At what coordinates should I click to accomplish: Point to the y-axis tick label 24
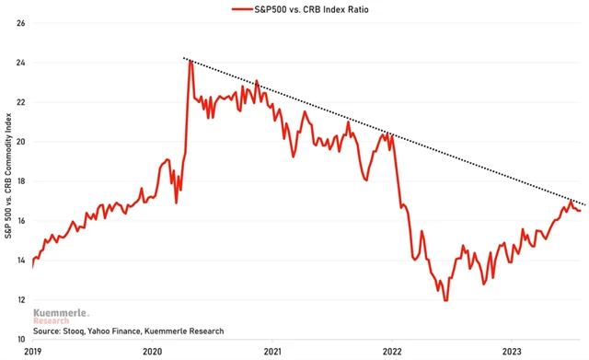click(19, 63)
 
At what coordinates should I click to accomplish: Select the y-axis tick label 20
click(19, 142)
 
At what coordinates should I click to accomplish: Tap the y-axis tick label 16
click(19, 221)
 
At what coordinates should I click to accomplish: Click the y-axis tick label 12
click(19, 300)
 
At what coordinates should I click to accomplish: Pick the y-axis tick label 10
click(19, 340)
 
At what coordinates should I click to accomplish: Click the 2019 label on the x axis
click(32, 351)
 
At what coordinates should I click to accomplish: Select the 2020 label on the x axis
click(152, 351)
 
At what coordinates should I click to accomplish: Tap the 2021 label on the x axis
click(272, 351)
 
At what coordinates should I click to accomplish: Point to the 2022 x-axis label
click(392, 351)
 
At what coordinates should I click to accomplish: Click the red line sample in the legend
click(243, 9)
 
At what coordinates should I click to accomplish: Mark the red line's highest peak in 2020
click(191, 61)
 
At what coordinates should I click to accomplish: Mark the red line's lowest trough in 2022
click(445, 300)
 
